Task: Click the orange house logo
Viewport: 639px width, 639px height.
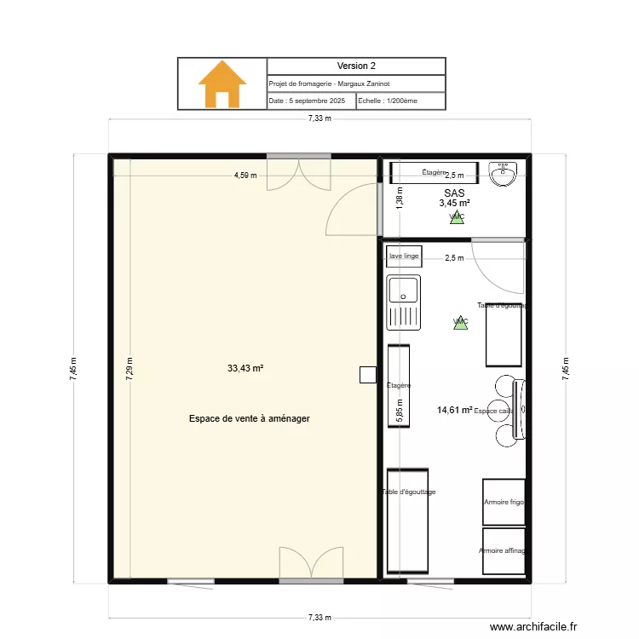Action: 222,83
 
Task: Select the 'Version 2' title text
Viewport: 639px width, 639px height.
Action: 356,66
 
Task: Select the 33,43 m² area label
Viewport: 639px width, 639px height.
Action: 245,369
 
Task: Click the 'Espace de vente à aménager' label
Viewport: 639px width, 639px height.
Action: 249,418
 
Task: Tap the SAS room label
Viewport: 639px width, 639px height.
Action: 454,193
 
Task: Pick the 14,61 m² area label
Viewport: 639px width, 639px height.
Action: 454,410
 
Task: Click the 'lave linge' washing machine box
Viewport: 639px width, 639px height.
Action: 404,256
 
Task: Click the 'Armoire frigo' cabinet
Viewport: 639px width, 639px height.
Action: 504,502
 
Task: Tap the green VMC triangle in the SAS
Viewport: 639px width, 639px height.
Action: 457,217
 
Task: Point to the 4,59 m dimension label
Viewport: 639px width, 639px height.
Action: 246,176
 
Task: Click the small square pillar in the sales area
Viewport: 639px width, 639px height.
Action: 367,374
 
